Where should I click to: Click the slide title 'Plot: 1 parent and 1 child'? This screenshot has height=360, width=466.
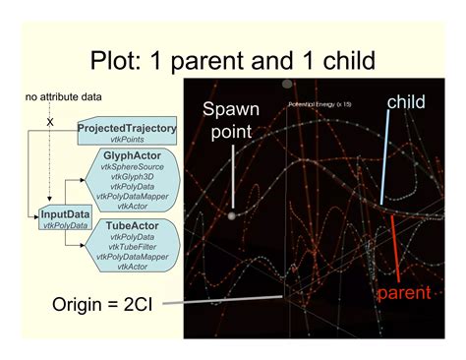(x=233, y=61)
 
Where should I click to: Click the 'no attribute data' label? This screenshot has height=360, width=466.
(x=56, y=96)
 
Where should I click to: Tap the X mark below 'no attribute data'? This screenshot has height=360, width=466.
(x=49, y=121)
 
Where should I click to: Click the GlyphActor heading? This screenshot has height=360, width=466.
(x=135, y=156)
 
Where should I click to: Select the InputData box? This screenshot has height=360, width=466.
(x=63, y=218)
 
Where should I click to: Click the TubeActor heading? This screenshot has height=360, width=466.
(x=135, y=226)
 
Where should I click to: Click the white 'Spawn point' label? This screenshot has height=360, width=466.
(x=232, y=120)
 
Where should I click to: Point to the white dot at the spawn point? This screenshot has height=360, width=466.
(x=232, y=215)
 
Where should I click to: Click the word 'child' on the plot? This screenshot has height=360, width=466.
(x=406, y=101)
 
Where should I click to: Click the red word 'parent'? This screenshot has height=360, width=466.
(x=404, y=293)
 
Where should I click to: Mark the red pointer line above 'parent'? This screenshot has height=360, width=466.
(x=396, y=245)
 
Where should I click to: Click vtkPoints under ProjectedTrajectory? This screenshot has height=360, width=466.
(x=125, y=142)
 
